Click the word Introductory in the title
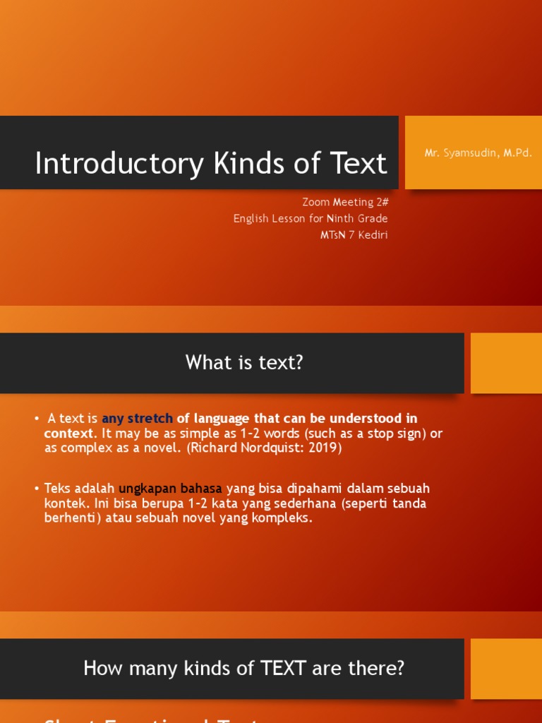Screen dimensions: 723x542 point(119,163)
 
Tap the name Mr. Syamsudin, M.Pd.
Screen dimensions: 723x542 point(478,153)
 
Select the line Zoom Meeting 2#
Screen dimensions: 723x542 point(344,202)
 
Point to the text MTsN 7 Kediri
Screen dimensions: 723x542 point(354,235)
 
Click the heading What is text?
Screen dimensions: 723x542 point(244,362)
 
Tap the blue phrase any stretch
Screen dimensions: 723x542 point(137,419)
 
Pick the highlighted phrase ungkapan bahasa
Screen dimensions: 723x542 point(170,489)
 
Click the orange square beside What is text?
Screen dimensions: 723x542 point(505,363)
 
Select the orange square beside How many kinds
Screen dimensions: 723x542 point(505,669)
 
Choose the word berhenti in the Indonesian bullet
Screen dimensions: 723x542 point(69,518)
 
